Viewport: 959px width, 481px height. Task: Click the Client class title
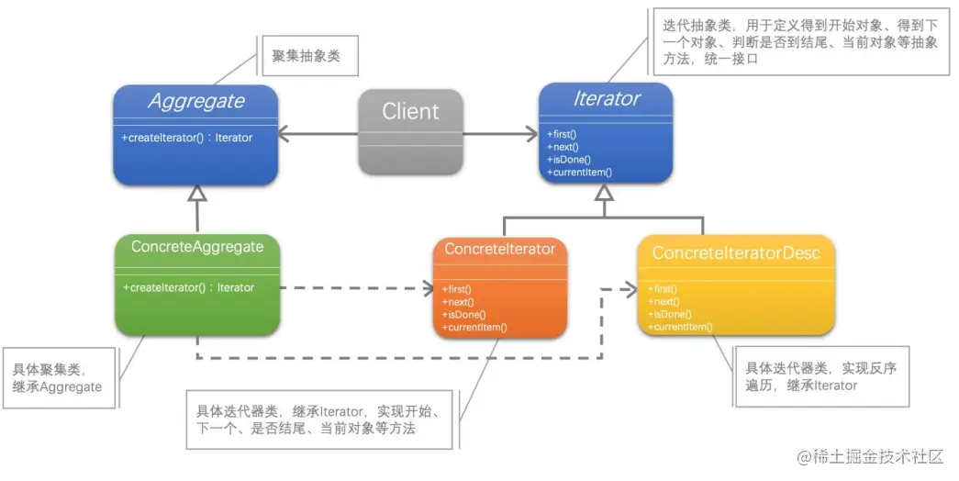pos(410,112)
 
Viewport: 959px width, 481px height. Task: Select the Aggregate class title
pos(196,101)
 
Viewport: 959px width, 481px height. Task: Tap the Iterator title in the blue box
pos(606,98)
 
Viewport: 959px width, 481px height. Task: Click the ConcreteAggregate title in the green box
pos(197,247)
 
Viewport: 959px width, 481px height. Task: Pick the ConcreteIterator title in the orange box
pos(499,249)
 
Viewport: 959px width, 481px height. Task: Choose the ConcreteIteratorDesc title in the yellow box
pos(736,252)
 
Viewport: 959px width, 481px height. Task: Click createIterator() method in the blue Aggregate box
pos(186,138)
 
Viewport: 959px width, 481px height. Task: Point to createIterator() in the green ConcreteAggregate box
pos(188,287)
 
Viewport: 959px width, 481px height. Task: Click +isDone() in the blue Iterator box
pos(569,159)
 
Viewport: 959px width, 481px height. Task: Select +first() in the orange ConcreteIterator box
pos(457,289)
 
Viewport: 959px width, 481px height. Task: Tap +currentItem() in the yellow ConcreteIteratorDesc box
pos(680,327)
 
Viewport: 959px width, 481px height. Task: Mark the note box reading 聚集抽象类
pos(307,57)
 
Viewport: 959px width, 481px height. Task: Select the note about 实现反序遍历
pos(822,376)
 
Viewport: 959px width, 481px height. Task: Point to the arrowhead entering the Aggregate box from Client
pos(285,136)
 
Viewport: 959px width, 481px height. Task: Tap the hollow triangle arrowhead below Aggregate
pos(196,193)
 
